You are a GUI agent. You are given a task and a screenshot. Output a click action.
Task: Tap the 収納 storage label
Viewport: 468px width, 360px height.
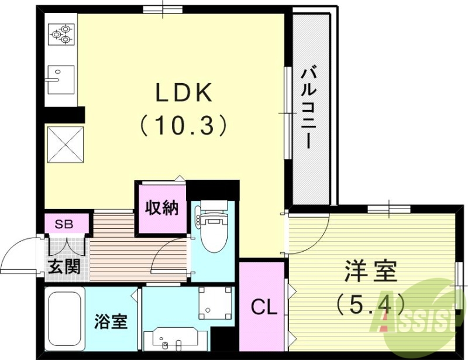[161, 209]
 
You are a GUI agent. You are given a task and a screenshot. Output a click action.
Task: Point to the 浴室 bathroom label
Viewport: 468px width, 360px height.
[112, 321]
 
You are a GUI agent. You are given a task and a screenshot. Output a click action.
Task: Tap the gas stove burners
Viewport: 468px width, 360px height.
[61, 33]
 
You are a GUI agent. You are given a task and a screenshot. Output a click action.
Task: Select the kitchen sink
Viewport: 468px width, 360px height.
[61, 78]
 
